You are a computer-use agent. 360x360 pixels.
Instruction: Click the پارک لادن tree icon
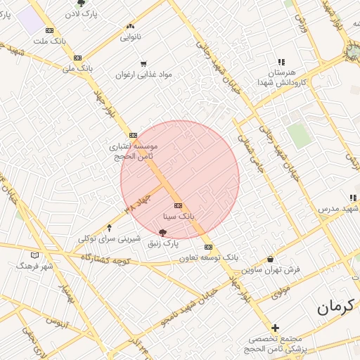[x=81, y=4]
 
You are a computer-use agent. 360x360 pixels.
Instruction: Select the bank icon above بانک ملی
[x=77, y=58]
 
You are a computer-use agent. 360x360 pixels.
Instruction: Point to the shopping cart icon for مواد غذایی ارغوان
[x=143, y=63]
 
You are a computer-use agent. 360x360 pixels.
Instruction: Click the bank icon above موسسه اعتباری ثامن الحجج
[x=133, y=136]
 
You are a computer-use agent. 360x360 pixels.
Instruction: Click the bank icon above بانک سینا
[x=178, y=205]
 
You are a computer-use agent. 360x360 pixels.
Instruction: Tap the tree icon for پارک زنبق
[x=163, y=232]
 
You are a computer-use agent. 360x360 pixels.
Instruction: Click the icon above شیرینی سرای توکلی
[x=108, y=228]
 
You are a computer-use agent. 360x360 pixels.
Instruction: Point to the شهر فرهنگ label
[x=35, y=266]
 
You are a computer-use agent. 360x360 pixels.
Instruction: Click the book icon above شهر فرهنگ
[x=35, y=255]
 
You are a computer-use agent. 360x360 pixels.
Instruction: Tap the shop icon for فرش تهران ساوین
[x=271, y=259]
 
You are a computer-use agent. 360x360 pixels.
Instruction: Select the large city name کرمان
[x=332, y=306]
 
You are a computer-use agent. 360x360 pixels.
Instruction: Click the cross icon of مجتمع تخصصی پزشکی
[x=275, y=328]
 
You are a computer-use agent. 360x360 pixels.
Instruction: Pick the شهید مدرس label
[x=337, y=210]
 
